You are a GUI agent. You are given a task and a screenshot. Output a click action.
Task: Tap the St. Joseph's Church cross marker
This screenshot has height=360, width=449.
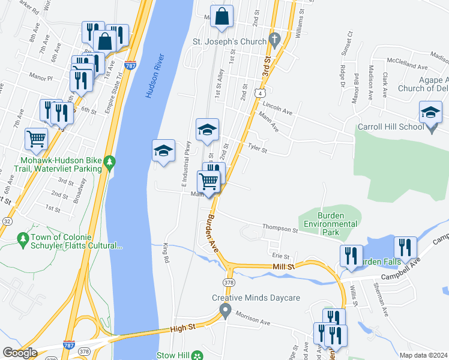click(275, 41)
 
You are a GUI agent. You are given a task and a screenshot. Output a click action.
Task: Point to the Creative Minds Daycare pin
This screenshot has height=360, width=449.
click(226, 311)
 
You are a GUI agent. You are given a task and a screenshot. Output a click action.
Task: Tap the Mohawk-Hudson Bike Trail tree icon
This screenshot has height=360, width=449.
click(109, 162)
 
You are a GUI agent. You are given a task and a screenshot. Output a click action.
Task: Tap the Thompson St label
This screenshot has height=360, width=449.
click(280, 229)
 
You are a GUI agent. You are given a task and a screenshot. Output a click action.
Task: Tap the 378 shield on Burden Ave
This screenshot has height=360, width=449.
click(229, 281)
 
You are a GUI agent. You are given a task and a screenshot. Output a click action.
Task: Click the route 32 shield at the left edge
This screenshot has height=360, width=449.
click(7, 221)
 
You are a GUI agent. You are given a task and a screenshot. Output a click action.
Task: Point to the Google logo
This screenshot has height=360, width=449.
click(20, 353)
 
